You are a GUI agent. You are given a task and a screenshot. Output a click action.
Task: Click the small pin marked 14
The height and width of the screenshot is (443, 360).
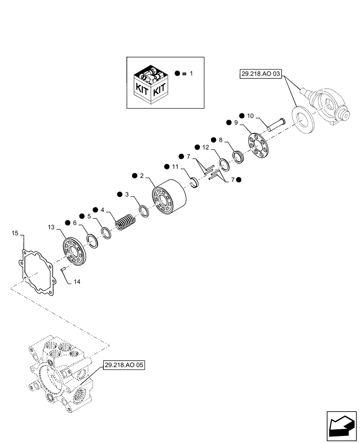63,268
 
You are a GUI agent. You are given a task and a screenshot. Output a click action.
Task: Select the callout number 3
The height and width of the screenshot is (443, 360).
127,194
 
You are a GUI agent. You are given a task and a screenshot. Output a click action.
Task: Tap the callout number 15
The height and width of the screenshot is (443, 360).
15,233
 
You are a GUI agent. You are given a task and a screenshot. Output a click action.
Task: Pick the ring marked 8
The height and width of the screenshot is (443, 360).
239,157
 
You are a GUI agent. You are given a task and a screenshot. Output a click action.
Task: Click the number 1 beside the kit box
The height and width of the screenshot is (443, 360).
191,73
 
